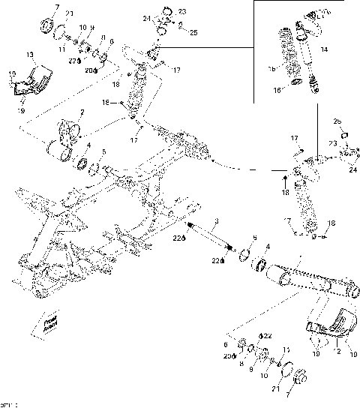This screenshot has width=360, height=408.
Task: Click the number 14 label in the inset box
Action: [324, 49]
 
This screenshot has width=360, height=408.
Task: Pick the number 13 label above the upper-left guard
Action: [29, 55]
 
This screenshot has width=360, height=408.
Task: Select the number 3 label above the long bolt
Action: [215, 221]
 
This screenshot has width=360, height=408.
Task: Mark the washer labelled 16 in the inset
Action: [295, 82]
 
